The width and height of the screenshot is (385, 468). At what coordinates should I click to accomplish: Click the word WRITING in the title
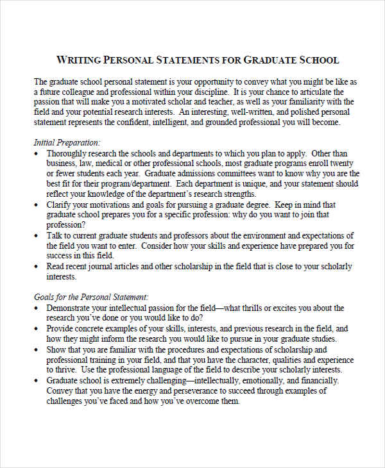(x=79, y=60)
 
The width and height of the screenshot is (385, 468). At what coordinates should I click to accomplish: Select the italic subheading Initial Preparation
(x=67, y=142)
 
